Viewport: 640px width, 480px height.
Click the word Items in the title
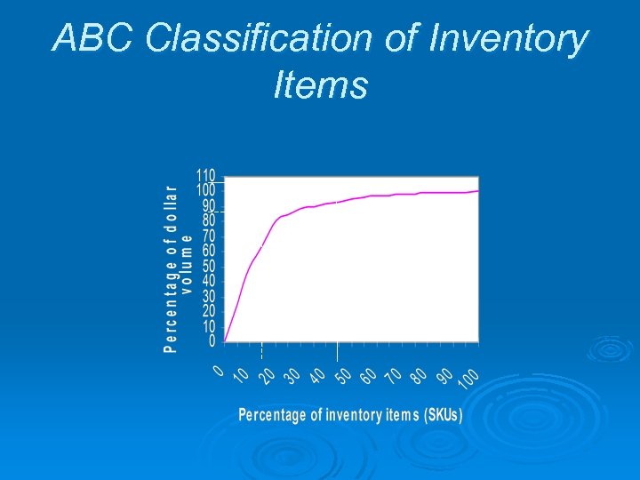point(320,86)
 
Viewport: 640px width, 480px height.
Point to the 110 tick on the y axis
point(205,175)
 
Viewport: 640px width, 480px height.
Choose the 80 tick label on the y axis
point(208,220)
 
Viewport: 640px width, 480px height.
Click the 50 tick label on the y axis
point(208,266)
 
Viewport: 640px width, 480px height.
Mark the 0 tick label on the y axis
point(212,340)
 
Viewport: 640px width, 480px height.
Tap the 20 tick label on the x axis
point(267,377)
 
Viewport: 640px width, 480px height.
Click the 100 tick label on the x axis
point(470,379)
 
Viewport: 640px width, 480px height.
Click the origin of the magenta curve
point(225,340)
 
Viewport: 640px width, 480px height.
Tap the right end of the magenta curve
point(478,190)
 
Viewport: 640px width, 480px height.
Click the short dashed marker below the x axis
point(261,352)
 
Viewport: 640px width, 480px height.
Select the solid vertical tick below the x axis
point(337,352)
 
